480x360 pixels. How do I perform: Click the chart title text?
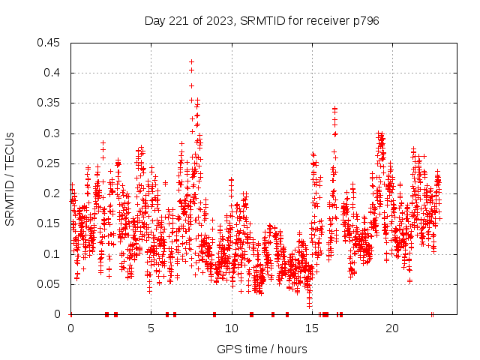point(262,21)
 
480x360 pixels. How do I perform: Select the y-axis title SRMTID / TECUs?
point(10,178)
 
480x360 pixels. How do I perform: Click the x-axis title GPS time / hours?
point(262,349)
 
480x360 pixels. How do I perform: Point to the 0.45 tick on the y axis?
point(49,43)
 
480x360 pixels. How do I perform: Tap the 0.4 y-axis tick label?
point(52,73)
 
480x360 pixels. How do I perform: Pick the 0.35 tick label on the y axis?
point(49,103)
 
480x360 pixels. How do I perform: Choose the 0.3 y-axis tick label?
point(52,133)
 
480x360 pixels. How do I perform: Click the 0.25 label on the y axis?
point(49,163)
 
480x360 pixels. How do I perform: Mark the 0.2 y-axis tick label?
point(52,193)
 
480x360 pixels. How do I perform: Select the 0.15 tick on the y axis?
point(49,223)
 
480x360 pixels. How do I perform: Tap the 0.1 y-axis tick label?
point(52,254)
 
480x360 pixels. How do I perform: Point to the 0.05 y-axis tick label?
point(49,284)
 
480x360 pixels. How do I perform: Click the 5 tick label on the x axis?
point(151,328)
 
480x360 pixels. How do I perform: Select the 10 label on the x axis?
point(232,328)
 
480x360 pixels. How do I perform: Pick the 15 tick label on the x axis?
point(312,328)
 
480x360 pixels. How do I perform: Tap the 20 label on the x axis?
point(392,328)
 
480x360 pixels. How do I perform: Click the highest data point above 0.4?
point(192,62)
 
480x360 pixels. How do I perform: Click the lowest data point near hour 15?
point(309,306)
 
